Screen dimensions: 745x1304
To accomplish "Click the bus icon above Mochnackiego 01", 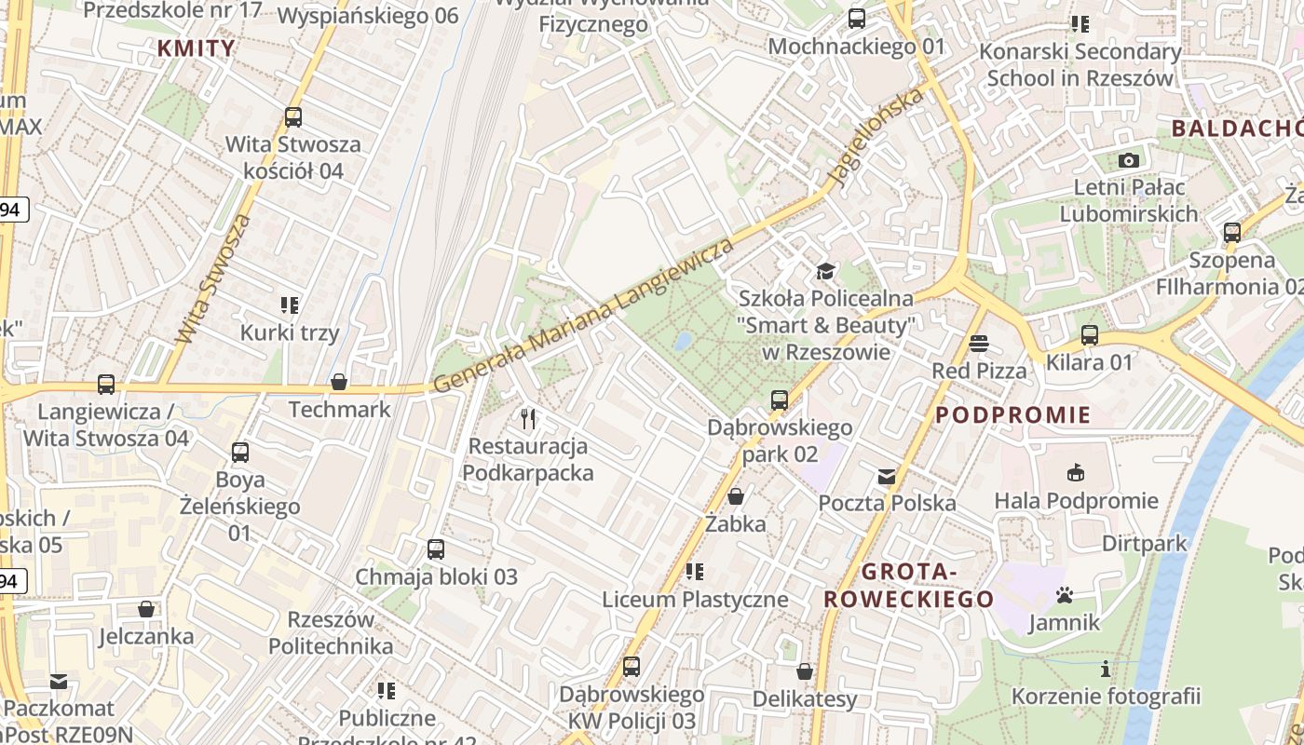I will pos(856,19).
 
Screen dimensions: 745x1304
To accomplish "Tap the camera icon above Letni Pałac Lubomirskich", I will pos(1129,160).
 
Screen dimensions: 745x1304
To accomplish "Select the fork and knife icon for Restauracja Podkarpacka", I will pos(528,419).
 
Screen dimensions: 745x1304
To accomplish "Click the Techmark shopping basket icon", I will pos(339,382).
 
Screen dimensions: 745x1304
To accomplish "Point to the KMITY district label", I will pos(196,48).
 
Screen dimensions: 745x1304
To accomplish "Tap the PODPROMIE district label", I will pos(1012,415).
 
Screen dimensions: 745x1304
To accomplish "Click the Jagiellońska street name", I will pos(879,137).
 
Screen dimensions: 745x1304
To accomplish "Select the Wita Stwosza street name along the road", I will pos(213,279).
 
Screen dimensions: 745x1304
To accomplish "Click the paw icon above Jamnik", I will pos(1064,594).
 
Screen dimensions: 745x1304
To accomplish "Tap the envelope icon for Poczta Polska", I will pos(886,477).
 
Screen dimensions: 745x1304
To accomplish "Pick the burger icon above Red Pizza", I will pos(978,344).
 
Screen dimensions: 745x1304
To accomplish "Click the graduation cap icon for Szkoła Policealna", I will pos(825,271).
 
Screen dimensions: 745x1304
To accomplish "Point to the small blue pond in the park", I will pos(683,342).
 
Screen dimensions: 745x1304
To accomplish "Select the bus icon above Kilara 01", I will pos(1089,335).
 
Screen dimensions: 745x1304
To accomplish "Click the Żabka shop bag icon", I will pos(736,496).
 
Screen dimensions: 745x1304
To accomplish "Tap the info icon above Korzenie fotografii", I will pos(1106,669).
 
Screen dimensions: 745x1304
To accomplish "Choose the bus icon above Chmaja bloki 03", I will pos(435,549).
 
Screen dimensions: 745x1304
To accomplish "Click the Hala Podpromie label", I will pos(1076,501).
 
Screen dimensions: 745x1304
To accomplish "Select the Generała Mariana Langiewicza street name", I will pos(583,316).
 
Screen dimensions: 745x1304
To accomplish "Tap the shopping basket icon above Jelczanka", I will pos(146,609).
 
